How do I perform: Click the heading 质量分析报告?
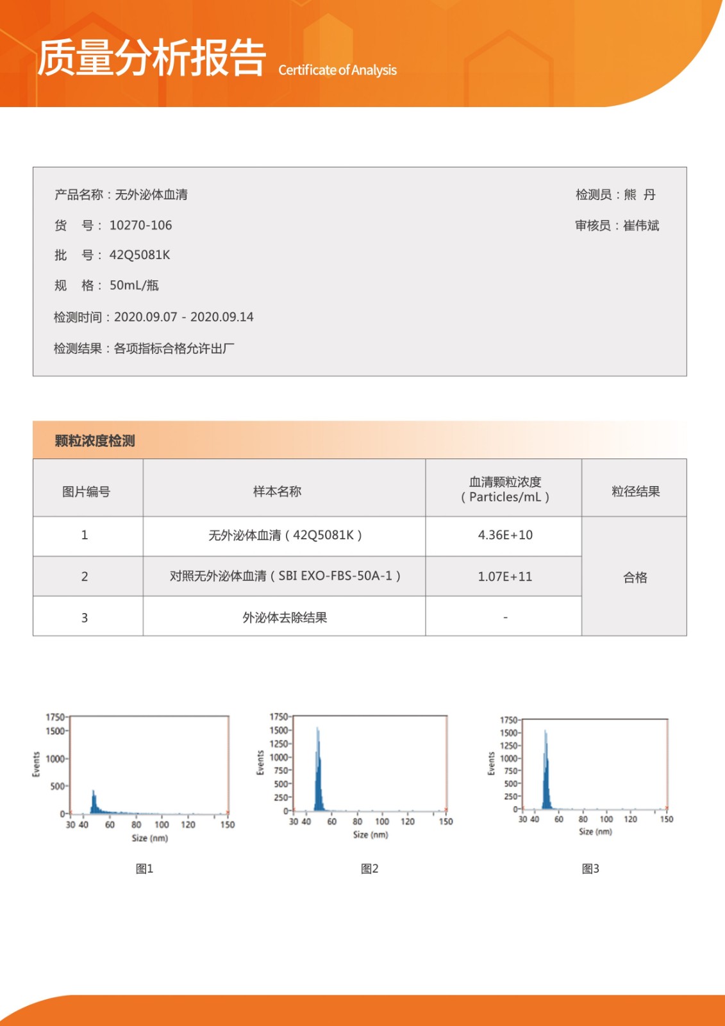[151, 58]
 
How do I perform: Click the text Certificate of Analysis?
[337, 70]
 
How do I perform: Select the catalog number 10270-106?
[140, 225]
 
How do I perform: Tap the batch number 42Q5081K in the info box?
[140, 255]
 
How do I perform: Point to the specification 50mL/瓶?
[134, 285]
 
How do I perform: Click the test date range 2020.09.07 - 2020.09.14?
[183, 317]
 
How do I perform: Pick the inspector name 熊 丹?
[639, 194]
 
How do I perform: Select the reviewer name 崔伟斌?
[640, 225]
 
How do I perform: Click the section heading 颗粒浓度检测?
[95, 441]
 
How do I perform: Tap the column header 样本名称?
[277, 491]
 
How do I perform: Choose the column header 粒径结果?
[635, 491]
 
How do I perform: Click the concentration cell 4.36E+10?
[505, 535]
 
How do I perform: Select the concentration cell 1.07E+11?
[505, 576]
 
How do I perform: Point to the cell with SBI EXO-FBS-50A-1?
[285, 576]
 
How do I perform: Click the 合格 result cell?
[635, 577]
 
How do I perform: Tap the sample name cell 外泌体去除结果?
[285, 618]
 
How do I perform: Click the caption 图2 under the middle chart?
[369, 868]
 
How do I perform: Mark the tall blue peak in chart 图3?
[546, 769]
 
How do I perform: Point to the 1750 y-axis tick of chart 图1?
[55, 717]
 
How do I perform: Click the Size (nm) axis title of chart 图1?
[150, 838]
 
